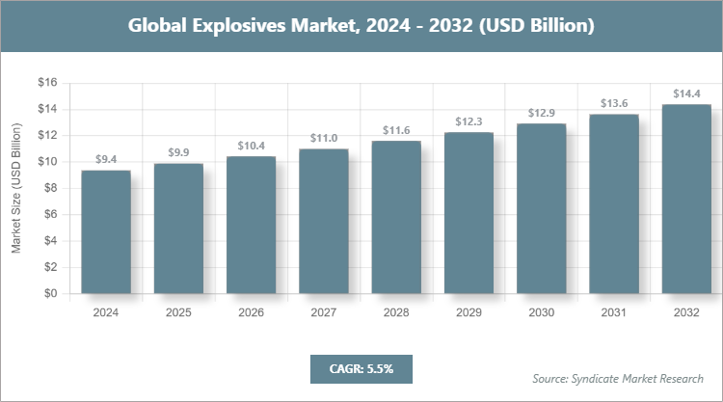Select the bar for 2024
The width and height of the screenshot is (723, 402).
106,232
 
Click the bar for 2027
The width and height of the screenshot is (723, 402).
324,221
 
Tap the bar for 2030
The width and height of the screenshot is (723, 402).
542,208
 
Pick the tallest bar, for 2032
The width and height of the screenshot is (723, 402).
686,199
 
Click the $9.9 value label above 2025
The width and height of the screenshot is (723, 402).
178,152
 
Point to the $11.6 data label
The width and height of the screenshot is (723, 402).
396,129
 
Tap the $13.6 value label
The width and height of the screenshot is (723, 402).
614,103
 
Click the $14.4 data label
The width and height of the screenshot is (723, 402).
686,94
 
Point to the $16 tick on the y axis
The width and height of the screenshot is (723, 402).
46,83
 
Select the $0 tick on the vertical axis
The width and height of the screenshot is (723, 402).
49,294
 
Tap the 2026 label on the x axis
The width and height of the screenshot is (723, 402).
251,312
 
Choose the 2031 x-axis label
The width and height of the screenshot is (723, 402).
614,312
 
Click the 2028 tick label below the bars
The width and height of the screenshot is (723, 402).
396,312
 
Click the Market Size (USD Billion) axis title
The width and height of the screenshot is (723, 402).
16,188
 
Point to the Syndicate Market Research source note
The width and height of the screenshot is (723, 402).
618,377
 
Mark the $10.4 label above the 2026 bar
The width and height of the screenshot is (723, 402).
252,146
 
